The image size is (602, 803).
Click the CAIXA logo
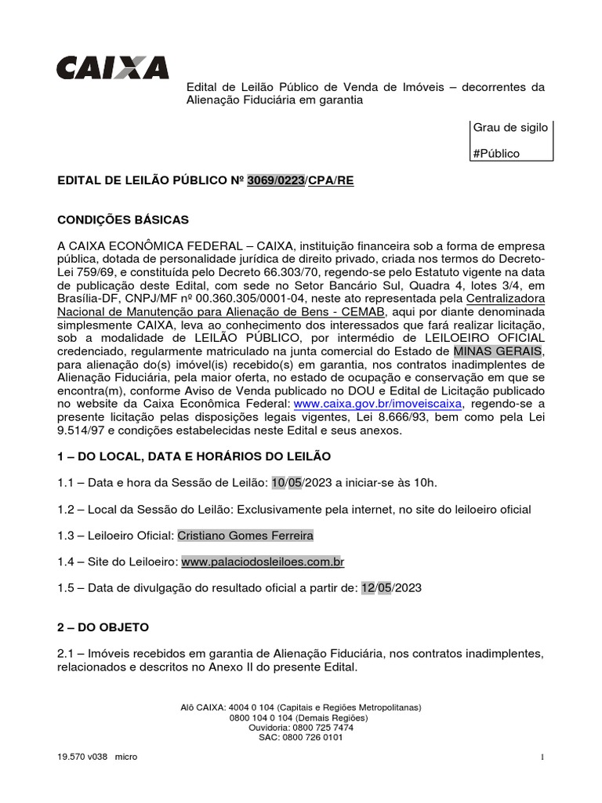tap(112, 67)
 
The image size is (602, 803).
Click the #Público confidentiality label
tap(496, 154)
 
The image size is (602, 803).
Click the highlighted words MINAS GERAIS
tap(498, 351)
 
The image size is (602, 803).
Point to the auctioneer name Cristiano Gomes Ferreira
tap(245, 536)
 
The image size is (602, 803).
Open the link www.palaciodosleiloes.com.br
tap(263, 562)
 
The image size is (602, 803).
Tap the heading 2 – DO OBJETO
tap(103, 627)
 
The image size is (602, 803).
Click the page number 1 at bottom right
tap(542, 757)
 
